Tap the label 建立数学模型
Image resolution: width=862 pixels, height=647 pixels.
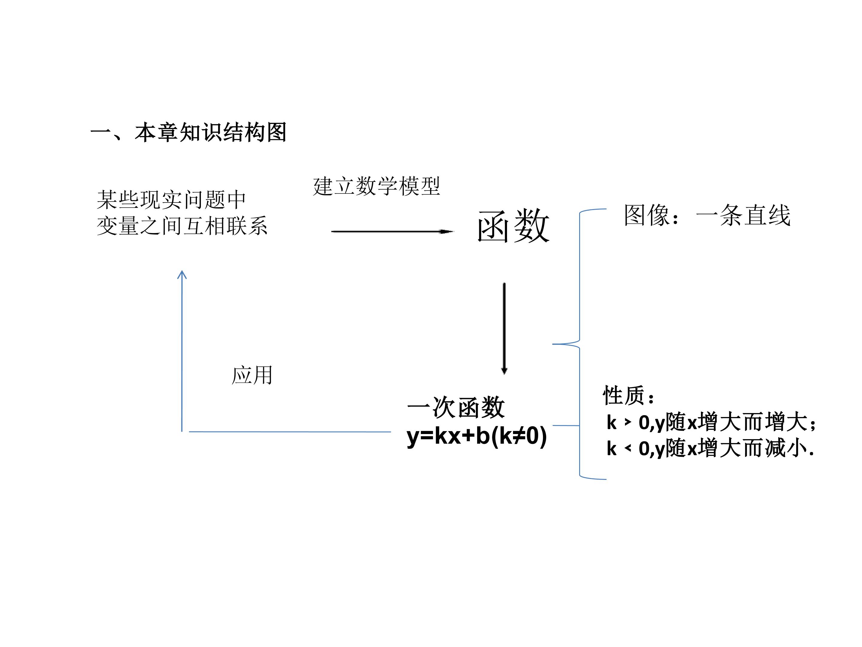click(x=377, y=186)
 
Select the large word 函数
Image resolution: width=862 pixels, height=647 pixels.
click(x=514, y=226)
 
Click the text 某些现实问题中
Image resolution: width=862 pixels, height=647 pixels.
click(x=172, y=200)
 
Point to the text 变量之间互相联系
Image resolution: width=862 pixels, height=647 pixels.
click(x=182, y=226)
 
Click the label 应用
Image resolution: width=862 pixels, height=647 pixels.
click(x=252, y=376)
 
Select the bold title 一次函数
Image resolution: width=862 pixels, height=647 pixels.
click(x=456, y=408)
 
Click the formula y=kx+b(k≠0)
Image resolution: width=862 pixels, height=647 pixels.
click(x=476, y=436)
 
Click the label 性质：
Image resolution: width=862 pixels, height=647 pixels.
click(x=629, y=395)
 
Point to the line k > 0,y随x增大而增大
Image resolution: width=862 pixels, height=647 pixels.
click(x=711, y=422)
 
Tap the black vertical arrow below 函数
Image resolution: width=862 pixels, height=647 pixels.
click(x=504, y=328)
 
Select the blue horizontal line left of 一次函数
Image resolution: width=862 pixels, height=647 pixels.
click(x=290, y=432)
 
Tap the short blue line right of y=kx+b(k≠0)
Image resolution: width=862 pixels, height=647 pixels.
click(x=566, y=425)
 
